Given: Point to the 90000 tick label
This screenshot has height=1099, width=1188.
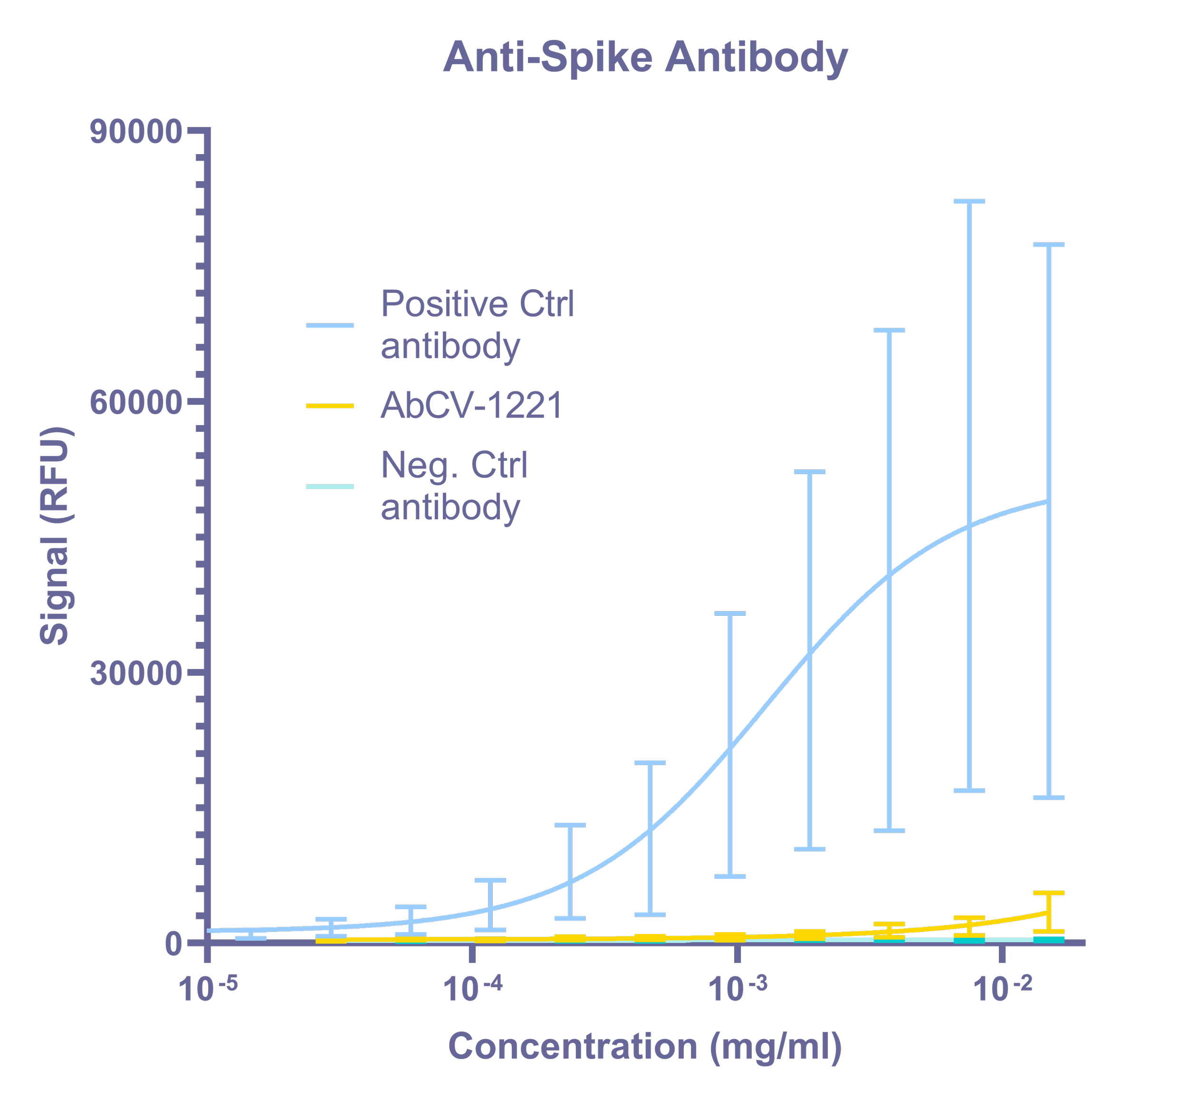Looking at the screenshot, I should pyautogui.click(x=135, y=133).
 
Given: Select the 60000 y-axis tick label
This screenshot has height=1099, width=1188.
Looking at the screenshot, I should pyautogui.click(x=135, y=403).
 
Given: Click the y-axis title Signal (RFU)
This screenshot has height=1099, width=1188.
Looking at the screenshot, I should pyautogui.click(x=56, y=537).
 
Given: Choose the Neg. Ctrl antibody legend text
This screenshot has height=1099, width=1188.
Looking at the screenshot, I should pyautogui.click(x=455, y=486).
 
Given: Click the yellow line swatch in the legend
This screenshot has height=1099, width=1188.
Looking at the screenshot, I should pyautogui.click(x=330, y=406).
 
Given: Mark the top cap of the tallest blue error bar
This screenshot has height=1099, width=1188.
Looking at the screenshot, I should pyautogui.click(x=969, y=202).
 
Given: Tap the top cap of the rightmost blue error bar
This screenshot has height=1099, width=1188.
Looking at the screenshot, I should pyautogui.click(x=1049, y=244).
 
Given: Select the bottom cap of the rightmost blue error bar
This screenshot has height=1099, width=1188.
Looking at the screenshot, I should pyautogui.click(x=1049, y=798).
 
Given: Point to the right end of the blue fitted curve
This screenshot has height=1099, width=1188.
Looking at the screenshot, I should pyautogui.click(x=1048, y=501).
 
